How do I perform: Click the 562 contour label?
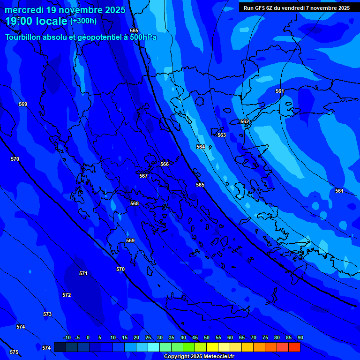pos(245,121)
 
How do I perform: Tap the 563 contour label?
pos(222,135)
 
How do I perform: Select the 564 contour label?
pos(201,147)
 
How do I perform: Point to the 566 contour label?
pos(165,164)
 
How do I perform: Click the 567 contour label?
pos(143,176)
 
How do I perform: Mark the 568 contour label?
pos(135,203)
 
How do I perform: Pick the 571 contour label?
pos(83,273)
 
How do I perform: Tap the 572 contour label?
pos(67,295)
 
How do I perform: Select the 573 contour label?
pos(47,314)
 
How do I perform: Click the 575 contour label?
pos(14,352)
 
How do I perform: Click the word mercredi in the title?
pos(24,10)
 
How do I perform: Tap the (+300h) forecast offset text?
pos(83,21)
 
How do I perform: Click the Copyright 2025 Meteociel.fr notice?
pos(199,357)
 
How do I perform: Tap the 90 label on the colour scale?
pos(300,338)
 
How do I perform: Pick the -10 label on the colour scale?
pos(67,338)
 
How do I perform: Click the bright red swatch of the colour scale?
pos(294,347)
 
